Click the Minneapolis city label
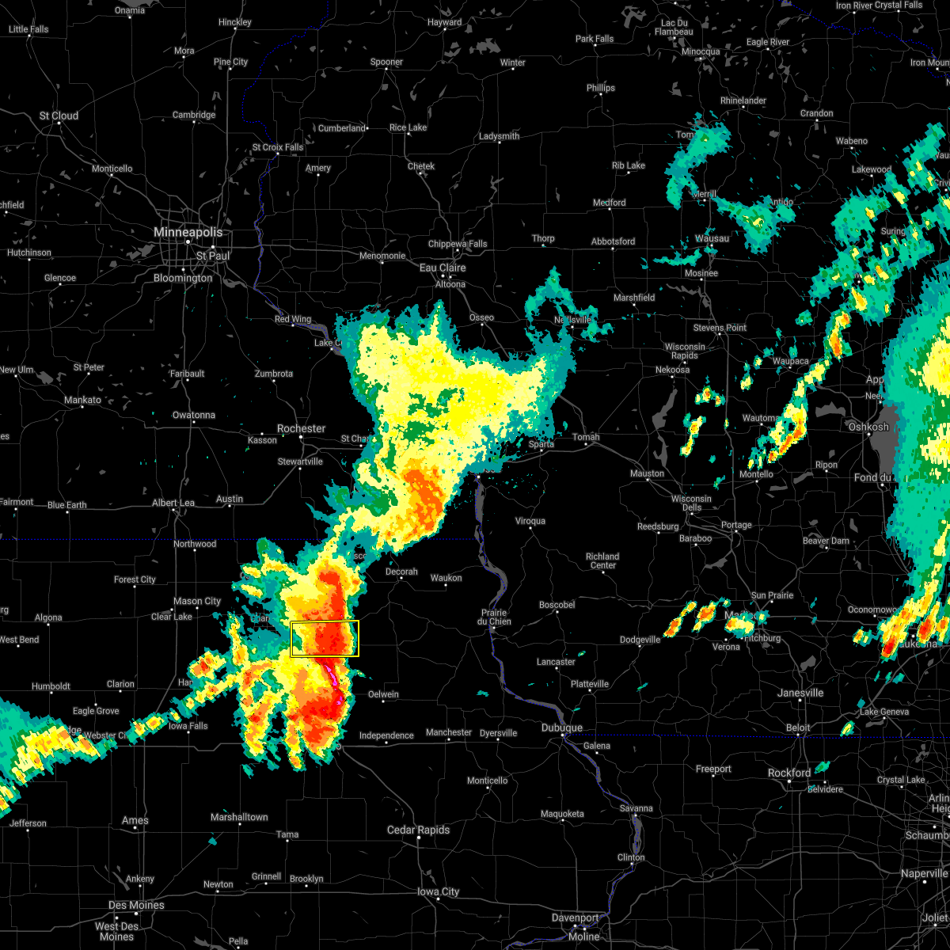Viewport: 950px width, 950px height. pyautogui.click(x=188, y=233)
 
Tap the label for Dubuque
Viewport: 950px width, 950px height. pyautogui.click(x=562, y=728)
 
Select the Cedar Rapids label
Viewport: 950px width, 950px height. pyautogui.click(x=418, y=830)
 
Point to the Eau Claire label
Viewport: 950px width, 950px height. pyautogui.click(x=443, y=268)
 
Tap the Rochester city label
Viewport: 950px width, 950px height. pyautogui.click(x=301, y=428)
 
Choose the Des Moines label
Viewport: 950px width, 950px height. pyautogui.click(x=136, y=905)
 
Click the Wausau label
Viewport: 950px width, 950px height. pyautogui.click(x=712, y=238)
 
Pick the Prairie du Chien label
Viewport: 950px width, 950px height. pyautogui.click(x=494, y=617)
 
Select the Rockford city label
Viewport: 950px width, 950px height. pyautogui.click(x=789, y=773)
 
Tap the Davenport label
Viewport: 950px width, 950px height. pyautogui.click(x=576, y=918)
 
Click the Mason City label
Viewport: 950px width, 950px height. pyautogui.click(x=197, y=601)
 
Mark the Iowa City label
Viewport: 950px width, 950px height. pyautogui.click(x=439, y=891)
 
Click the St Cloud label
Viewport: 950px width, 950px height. pyautogui.click(x=59, y=116)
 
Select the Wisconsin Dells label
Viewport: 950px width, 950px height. pyautogui.click(x=691, y=503)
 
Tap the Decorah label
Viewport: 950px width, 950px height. pyautogui.click(x=401, y=572)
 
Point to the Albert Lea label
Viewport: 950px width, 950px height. pyautogui.click(x=173, y=503)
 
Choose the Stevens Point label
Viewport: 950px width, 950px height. pyautogui.click(x=720, y=328)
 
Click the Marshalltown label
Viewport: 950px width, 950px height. pyautogui.click(x=239, y=817)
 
